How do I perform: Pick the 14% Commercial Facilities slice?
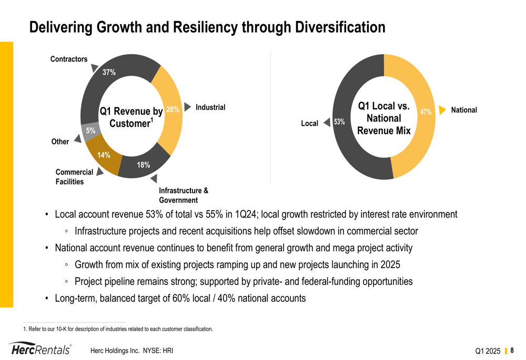click(x=103, y=157)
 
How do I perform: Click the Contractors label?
click(x=69, y=59)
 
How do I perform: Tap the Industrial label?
click(x=210, y=107)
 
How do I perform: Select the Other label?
click(x=60, y=141)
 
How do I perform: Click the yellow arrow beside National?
click(x=442, y=110)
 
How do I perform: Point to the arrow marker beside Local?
click(x=327, y=122)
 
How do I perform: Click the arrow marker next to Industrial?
click(x=188, y=107)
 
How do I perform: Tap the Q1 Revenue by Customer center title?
click(x=131, y=117)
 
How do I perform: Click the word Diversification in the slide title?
click(x=340, y=27)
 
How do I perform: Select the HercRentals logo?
click(x=41, y=349)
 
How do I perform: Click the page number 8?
click(x=512, y=351)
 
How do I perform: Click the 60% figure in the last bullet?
click(x=181, y=298)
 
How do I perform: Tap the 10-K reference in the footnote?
click(x=61, y=329)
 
